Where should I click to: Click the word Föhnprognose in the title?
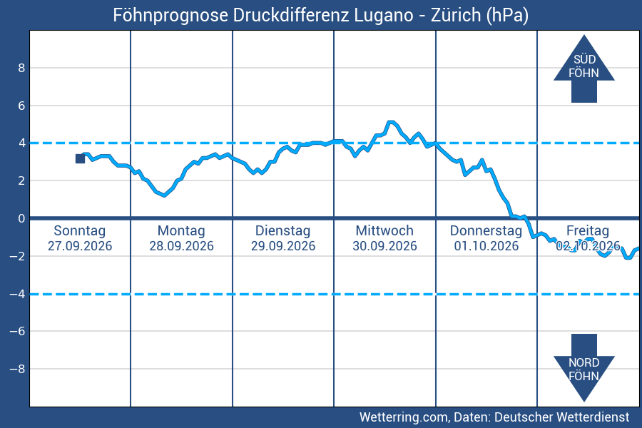coord(170,16)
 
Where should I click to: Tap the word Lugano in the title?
coord(384,15)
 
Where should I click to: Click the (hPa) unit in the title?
coord(507,16)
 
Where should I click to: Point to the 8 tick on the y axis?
coord(21,68)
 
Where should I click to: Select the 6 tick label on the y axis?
coord(21,106)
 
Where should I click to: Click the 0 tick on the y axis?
coord(21,218)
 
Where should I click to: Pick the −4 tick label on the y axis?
coord(17,294)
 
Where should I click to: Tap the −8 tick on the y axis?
coord(17,369)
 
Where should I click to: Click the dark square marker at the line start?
coord(80,158)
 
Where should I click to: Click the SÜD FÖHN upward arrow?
coord(584,68)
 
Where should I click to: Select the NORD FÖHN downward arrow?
coord(584,368)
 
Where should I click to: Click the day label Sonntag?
coord(80,230)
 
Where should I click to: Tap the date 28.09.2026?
coord(181,246)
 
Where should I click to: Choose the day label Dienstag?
coord(283,230)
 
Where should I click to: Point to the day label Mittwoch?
coord(384,230)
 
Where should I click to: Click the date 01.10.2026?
coord(486,246)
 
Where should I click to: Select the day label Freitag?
coord(588,230)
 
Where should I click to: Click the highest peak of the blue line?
coord(391,122)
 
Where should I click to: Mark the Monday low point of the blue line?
coord(164,195)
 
